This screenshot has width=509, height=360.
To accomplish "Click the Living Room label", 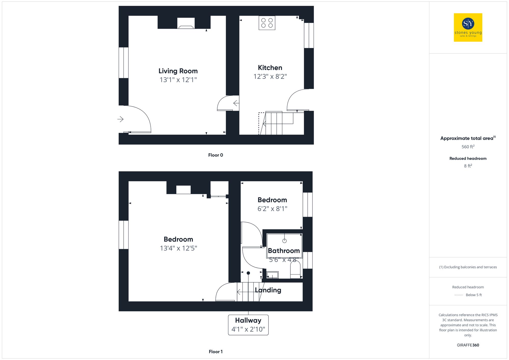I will tap(178, 71).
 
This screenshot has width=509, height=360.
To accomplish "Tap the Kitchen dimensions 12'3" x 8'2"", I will tap(270, 76).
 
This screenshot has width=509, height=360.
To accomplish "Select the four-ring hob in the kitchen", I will tap(267, 23).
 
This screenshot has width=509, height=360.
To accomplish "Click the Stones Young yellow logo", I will tap(468, 27).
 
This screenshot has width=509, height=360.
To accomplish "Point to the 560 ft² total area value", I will tap(468, 147).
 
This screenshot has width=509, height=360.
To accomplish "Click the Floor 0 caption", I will tap(215, 155).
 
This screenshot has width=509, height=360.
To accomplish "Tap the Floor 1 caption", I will tap(215, 352).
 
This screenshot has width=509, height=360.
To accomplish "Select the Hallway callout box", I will tap(248, 325).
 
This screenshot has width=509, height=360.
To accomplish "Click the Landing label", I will tap(268, 290).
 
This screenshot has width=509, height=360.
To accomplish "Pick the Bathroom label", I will tap(284, 251).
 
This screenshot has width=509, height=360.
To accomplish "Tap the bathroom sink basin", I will tap(272, 275).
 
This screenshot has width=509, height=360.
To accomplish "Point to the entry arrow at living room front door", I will tap(120, 119).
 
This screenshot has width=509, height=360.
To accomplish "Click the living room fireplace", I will tap(186, 23).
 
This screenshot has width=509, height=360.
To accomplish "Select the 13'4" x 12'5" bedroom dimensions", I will tap(178, 248).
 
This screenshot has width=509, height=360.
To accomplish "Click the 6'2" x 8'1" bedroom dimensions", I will tap(272, 209).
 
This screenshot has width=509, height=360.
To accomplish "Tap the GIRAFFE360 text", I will tap(468, 345).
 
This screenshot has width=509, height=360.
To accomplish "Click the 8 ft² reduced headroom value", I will tap(468, 166).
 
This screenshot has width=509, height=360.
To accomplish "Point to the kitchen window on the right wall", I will tap(309, 35).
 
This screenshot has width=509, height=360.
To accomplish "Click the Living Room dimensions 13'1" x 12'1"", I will tap(178, 80).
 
